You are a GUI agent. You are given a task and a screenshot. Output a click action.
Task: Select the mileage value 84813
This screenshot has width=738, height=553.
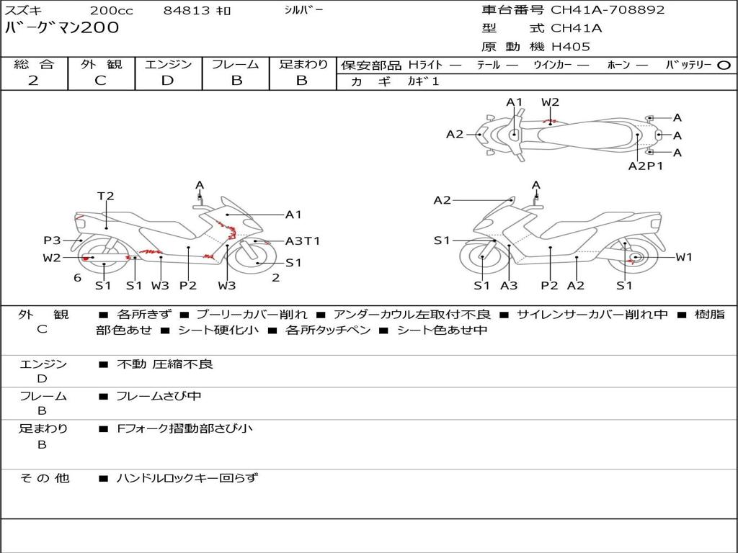[187, 11]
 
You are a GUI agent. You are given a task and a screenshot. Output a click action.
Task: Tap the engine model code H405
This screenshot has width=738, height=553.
[571, 47]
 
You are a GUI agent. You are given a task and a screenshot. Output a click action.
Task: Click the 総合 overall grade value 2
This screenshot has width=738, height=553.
[33, 81]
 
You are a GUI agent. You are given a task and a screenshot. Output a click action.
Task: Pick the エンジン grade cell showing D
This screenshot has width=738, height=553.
[167, 81]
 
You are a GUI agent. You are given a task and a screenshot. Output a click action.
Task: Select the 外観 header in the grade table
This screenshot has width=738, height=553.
[101, 64]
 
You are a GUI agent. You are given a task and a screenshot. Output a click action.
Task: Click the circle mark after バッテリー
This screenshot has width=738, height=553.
[724, 66]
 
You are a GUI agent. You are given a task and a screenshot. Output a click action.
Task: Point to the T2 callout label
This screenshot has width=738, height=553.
[106, 196]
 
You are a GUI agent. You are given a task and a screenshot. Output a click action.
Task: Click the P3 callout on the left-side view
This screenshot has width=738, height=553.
[52, 240]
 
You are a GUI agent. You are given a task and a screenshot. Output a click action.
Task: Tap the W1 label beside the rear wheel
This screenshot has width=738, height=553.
[683, 257]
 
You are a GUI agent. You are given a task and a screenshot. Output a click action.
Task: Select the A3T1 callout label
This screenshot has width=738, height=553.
[303, 241]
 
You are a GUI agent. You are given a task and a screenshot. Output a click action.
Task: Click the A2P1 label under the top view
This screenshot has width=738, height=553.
[645, 166]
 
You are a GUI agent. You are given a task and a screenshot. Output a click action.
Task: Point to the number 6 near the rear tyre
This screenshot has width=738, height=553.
[77, 278]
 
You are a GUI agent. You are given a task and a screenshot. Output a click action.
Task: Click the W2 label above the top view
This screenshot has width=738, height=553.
[551, 102]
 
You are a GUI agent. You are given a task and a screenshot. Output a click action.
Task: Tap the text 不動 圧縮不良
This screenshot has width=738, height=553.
[165, 364]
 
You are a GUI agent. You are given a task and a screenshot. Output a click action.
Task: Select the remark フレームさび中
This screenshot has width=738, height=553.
[159, 396]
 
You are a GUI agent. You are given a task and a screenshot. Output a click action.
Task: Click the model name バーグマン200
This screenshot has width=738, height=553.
[62, 28]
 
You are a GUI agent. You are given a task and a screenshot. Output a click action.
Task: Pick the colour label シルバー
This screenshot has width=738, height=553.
[304, 10]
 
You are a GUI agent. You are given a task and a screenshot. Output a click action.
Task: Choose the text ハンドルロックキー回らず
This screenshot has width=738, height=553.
[187, 477]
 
